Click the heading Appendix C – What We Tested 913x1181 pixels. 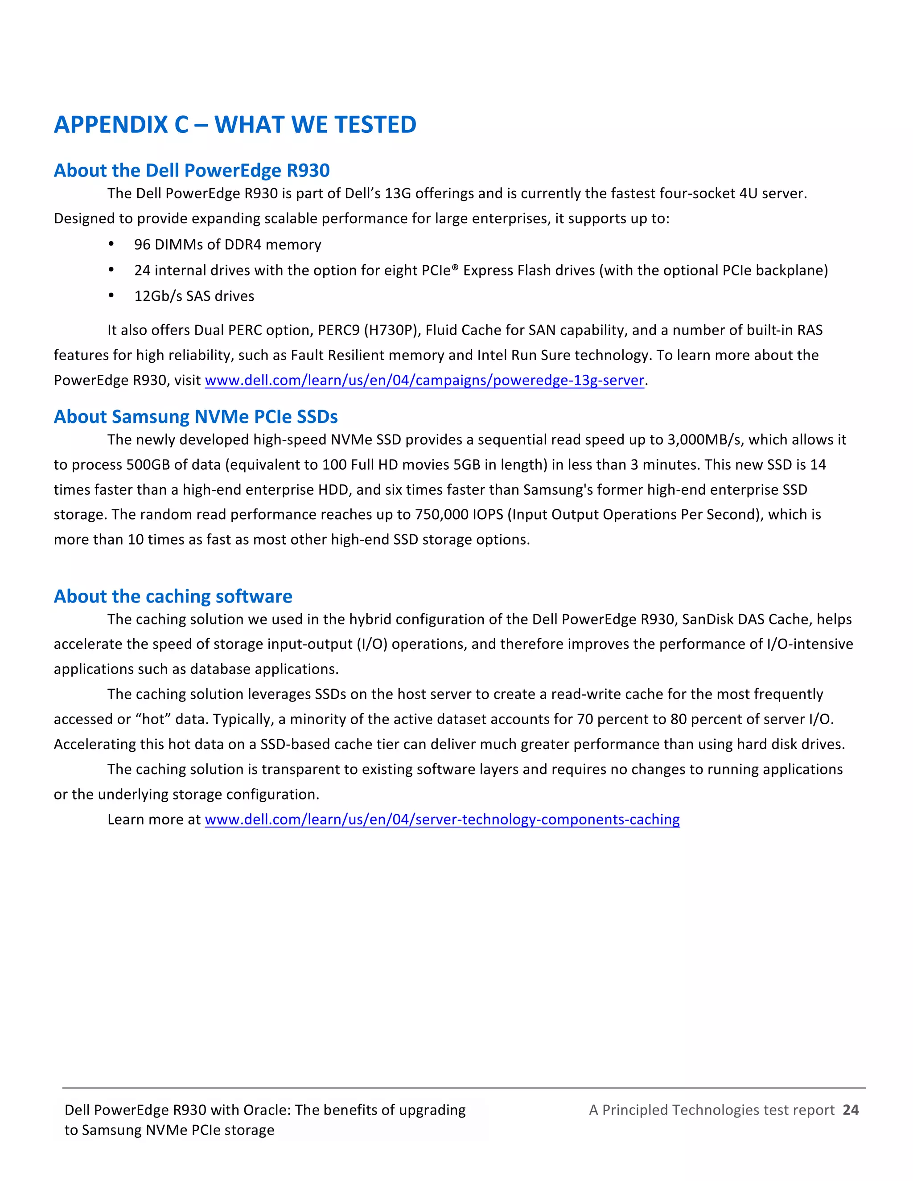point(235,125)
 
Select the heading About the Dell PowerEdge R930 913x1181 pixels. point(191,171)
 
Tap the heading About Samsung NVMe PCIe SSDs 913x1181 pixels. point(195,417)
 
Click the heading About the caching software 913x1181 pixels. point(173,596)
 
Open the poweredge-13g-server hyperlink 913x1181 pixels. point(424,381)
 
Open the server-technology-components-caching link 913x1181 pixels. point(442,820)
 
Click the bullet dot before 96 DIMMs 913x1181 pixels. point(111,244)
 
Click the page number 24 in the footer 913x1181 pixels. point(850,1110)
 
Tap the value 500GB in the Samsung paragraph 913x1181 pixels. point(148,465)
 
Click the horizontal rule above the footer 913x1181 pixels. point(464,1087)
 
